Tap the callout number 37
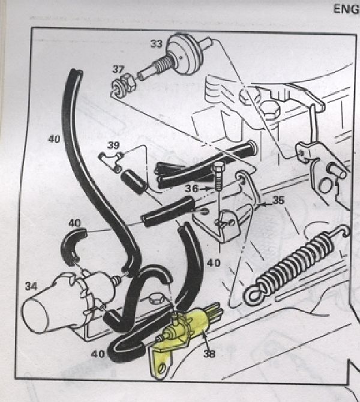[x=119, y=68]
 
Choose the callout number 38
[x=209, y=354]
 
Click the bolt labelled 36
[x=218, y=176]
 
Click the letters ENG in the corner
[x=345, y=9]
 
